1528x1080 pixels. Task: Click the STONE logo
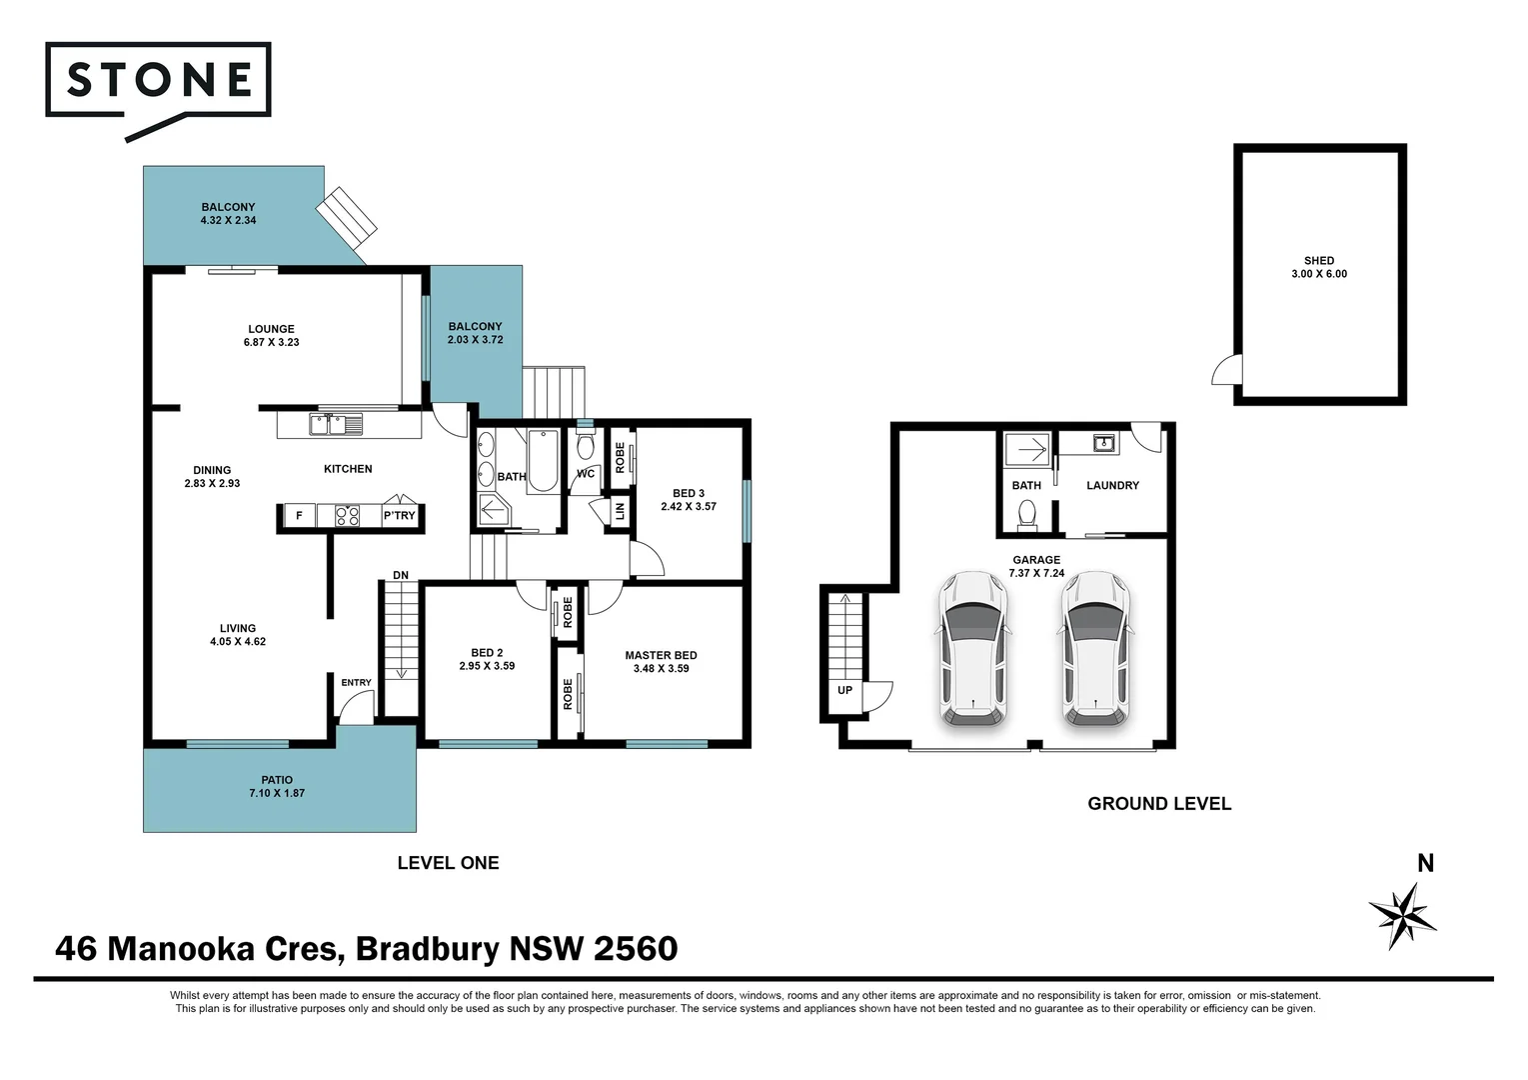click(x=158, y=89)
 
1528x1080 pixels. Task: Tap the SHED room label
click(x=1318, y=261)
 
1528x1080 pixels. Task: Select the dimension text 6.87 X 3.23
click(x=272, y=342)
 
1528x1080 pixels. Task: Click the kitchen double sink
click(x=336, y=425)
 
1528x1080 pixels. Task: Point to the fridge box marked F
click(x=299, y=515)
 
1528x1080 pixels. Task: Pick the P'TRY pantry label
click(x=399, y=515)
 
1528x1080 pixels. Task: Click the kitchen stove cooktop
click(x=347, y=515)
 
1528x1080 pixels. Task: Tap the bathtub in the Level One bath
click(x=543, y=460)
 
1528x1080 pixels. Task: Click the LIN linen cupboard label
click(x=620, y=511)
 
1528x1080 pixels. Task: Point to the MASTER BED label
click(x=661, y=655)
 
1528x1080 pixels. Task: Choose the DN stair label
click(x=401, y=575)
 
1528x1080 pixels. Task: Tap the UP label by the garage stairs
click(x=844, y=690)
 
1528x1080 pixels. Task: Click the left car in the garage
click(x=972, y=649)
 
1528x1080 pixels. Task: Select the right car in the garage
click(x=1095, y=649)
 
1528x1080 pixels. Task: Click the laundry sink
click(x=1103, y=444)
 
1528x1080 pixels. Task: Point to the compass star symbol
click(x=1402, y=916)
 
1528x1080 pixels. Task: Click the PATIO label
click(x=277, y=780)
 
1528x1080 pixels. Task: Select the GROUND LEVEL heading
click(x=1159, y=804)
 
